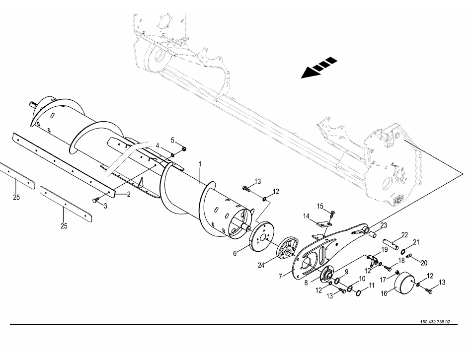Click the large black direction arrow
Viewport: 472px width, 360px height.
pyautogui.click(x=318, y=68)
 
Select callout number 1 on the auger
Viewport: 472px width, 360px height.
pyautogui.click(x=200, y=163)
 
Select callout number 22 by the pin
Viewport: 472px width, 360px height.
pyautogui.click(x=404, y=235)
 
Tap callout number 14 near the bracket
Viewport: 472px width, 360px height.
pyautogui.click(x=307, y=216)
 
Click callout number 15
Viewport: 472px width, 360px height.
pyautogui.click(x=320, y=206)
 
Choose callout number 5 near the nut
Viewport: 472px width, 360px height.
pyautogui.click(x=173, y=140)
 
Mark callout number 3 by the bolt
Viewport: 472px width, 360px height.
pyautogui.click(x=105, y=205)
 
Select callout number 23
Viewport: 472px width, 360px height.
pyautogui.click(x=384, y=225)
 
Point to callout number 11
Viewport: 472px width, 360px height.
pyautogui.click(x=371, y=286)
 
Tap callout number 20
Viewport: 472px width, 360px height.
pyautogui.click(x=424, y=262)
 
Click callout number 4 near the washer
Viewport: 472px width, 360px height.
pyautogui.click(x=157, y=145)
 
